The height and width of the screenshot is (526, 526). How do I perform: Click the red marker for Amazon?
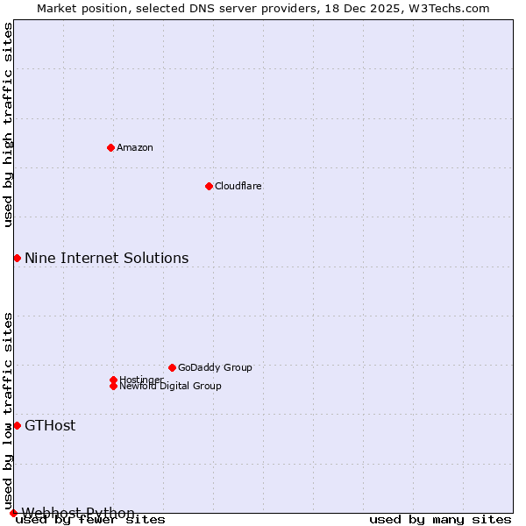pos(110,147)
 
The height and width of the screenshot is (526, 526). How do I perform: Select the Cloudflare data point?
pos(209,186)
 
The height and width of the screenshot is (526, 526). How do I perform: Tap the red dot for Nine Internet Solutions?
pos(17,258)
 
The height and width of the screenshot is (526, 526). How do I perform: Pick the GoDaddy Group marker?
pos(172,367)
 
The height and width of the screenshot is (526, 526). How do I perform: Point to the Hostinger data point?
pos(113,380)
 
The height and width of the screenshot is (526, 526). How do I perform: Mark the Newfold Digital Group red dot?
pos(113,386)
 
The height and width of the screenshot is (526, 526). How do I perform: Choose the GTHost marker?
pos(17,425)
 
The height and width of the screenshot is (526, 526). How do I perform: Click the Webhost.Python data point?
pos(13,513)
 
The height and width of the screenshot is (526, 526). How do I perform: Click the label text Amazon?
pos(135,147)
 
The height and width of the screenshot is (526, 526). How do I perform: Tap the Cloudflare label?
pos(238,186)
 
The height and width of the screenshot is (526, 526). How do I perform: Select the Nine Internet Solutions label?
pos(106,258)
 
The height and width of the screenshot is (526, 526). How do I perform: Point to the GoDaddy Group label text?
pos(215,367)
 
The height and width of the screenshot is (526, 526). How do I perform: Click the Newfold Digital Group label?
pos(171,387)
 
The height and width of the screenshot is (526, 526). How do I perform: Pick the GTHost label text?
pos(50,426)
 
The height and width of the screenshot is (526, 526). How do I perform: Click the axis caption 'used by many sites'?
pos(440,520)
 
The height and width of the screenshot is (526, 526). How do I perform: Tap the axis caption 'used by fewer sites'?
pos(91,520)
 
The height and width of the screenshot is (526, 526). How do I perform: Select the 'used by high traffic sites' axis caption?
pos(8,125)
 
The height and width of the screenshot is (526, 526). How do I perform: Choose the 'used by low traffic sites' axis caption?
pos(8,410)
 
